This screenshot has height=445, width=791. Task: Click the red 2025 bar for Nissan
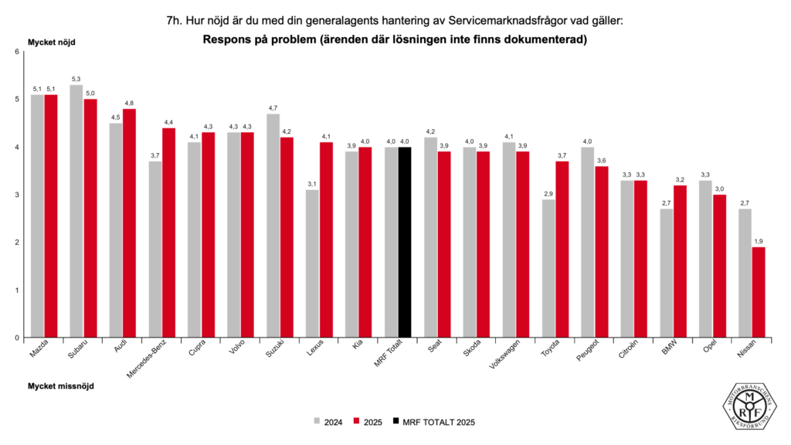pyautogui.click(x=758, y=292)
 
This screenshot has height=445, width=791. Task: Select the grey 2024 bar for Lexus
pyautogui.click(x=311, y=263)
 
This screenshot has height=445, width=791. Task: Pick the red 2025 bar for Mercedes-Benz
pyautogui.click(x=168, y=233)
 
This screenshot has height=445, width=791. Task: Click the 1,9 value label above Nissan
pyautogui.click(x=758, y=241)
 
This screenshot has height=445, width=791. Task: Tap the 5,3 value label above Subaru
pyautogui.click(x=76, y=79)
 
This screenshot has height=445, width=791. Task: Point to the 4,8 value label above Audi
pyautogui.click(x=129, y=103)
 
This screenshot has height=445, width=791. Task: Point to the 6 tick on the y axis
pyautogui.click(x=16, y=52)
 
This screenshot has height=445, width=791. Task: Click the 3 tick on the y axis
pyautogui.click(x=16, y=195)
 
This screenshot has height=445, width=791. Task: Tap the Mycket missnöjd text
pyautogui.click(x=61, y=386)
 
